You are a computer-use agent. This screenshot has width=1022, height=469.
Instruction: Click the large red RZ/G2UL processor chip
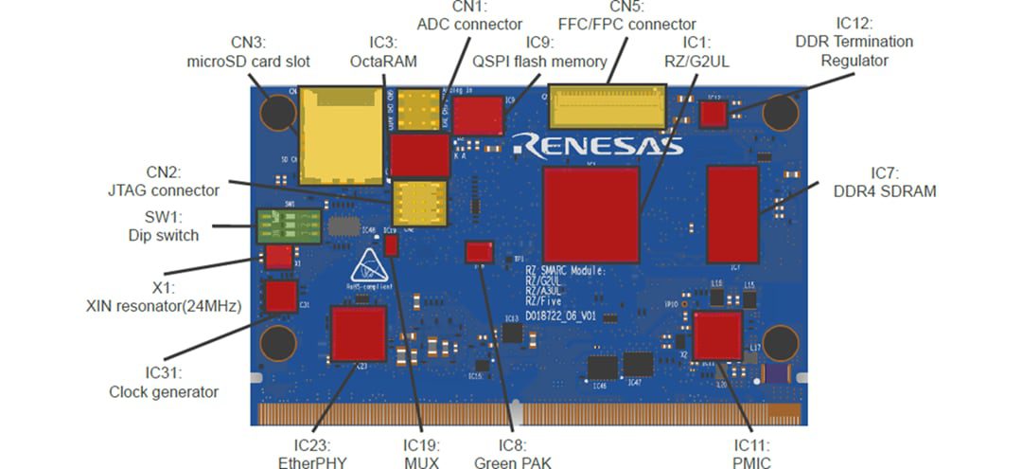[x=590, y=215]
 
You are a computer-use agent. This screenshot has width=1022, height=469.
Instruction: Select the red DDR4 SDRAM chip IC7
[x=732, y=214]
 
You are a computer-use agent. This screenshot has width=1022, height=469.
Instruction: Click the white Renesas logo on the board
[x=596, y=145]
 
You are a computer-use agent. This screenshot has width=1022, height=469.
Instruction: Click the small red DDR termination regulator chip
[x=713, y=115]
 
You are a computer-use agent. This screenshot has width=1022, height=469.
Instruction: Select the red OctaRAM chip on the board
[x=420, y=154]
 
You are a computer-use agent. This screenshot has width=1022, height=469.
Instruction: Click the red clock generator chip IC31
[x=280, y=298]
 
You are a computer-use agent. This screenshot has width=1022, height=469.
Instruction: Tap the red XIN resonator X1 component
[x=278, y=257]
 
